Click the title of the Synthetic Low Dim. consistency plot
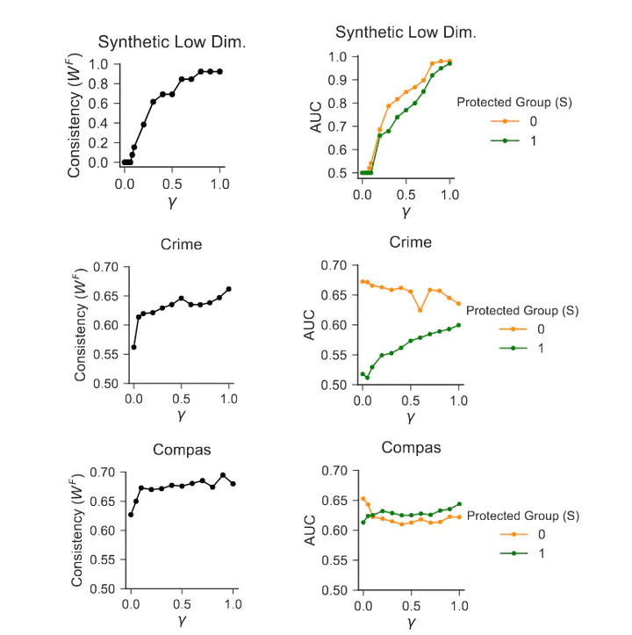(x=160, y=41)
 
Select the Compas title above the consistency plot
(x=182, y=450)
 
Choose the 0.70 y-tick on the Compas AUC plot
(x=334, y=472)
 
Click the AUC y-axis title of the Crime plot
(x=309, y=325)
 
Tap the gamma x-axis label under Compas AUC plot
(x=410, y=622)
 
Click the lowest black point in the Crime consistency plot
(x=133, y=347)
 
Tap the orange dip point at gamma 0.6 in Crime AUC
(x=420, y=310)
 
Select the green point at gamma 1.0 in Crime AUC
(x=458, y=325)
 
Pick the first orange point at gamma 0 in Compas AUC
(x=363, y=499)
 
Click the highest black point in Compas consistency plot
(x=223, y=475)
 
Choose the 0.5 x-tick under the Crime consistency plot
(x=181, y=400)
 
